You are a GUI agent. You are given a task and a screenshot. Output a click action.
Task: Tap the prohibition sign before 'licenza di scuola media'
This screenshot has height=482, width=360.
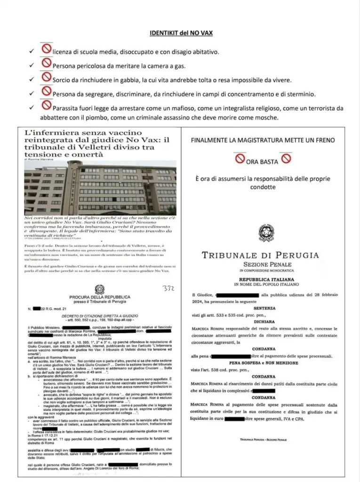(46, 49)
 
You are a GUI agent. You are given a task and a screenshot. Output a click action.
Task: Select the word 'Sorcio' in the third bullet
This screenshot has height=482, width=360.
(63, 80)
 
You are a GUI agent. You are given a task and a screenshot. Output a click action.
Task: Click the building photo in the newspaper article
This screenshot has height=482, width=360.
(100, 188)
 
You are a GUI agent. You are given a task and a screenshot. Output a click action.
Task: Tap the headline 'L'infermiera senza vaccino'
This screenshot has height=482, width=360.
(83, 134)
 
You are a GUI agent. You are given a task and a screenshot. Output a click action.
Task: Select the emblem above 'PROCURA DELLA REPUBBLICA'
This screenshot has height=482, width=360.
(99, 289)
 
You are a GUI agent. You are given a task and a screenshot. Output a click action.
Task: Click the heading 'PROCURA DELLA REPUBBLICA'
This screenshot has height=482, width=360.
(99, 297)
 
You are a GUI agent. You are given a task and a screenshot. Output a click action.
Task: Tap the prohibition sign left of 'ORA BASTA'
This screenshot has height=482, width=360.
(240, 159)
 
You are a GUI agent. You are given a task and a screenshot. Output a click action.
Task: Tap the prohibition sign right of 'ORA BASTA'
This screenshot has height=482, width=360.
(285, 159)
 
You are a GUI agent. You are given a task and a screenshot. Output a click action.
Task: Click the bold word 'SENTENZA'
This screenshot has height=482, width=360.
(267, 308)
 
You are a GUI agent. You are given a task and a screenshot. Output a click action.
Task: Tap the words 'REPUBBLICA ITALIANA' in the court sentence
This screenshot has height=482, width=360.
(267, 279)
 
